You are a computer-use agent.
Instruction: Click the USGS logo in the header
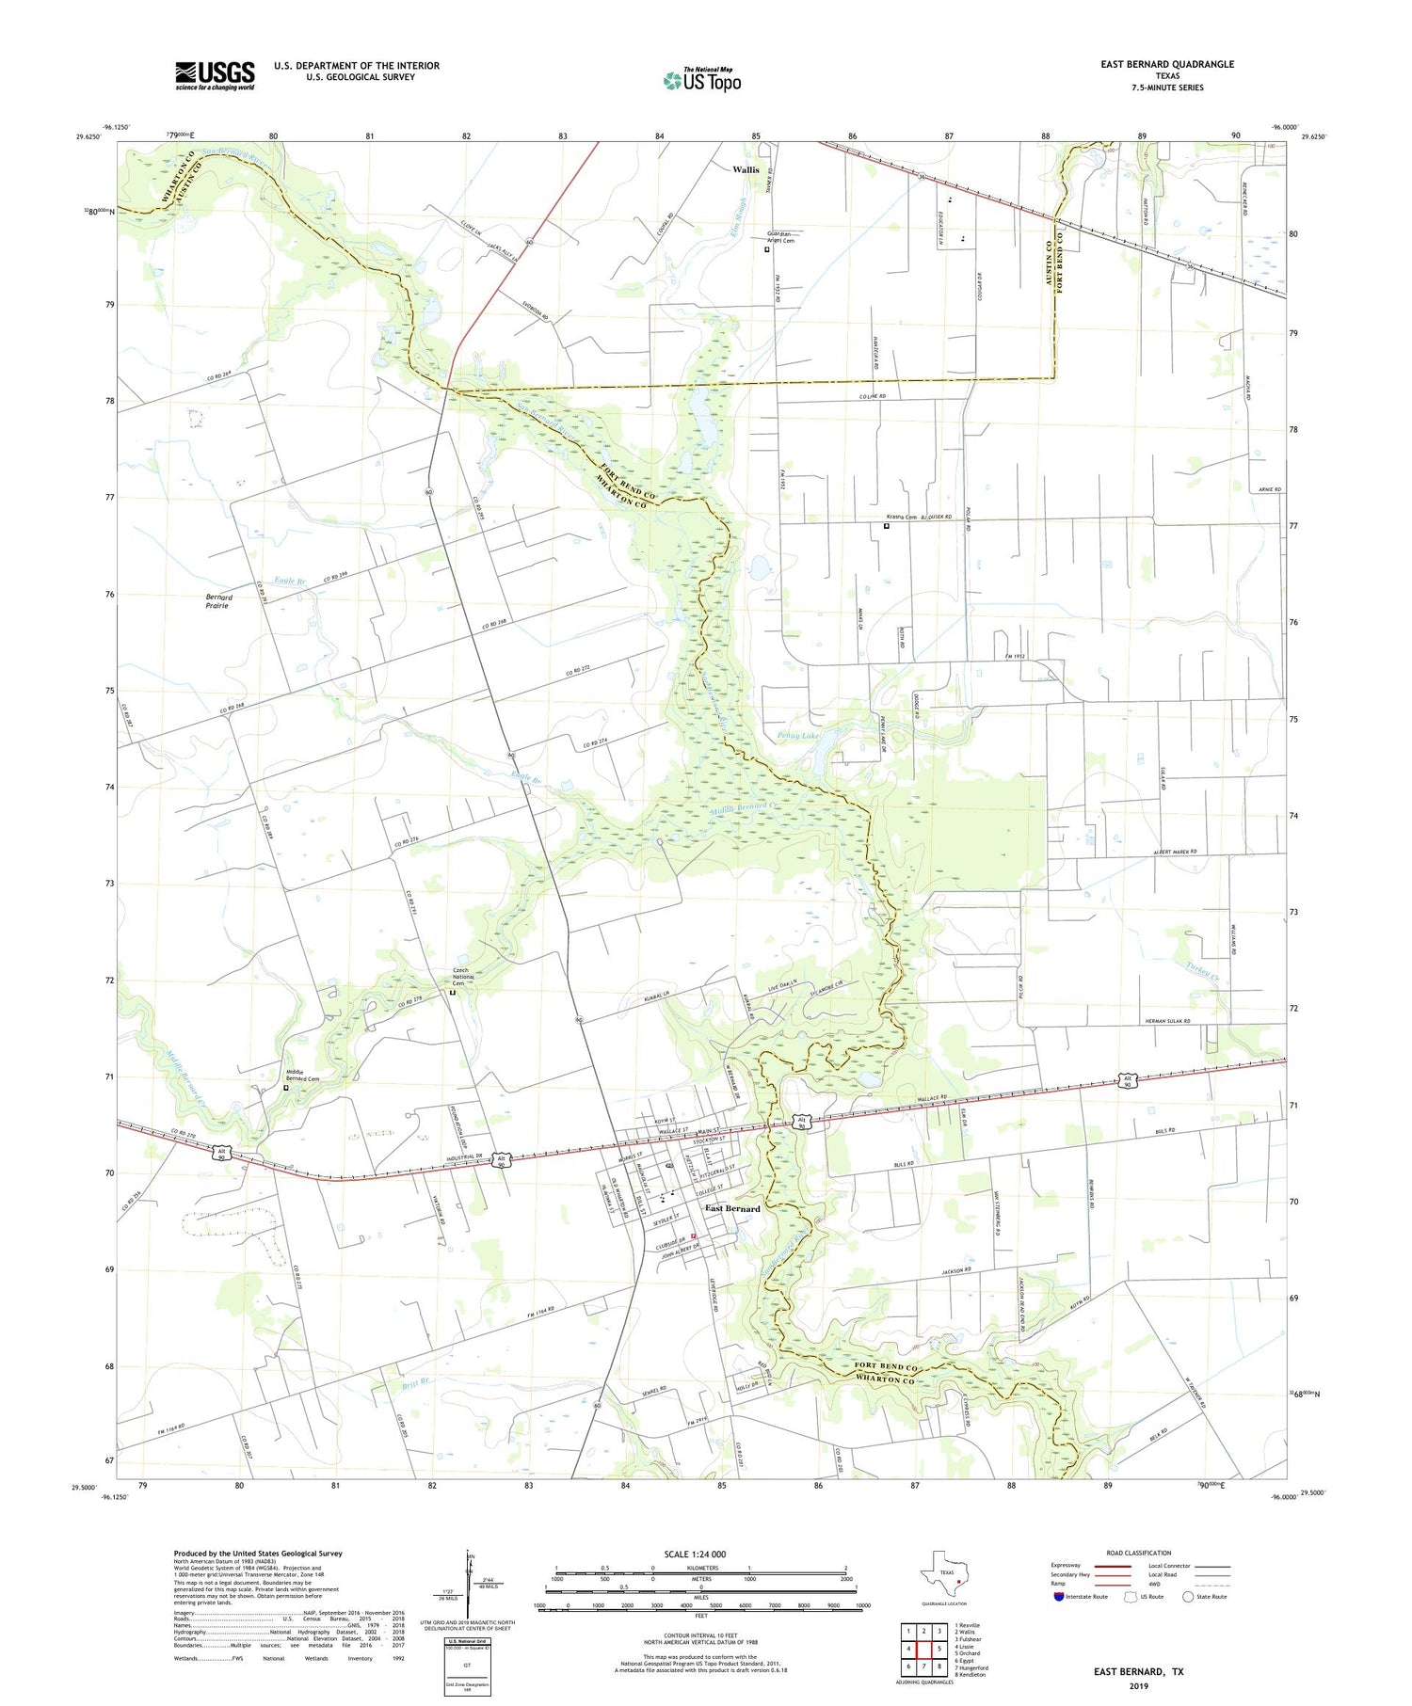point(215,75)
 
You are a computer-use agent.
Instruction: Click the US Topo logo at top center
point(701,81)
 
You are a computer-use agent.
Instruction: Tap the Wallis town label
point(746,170)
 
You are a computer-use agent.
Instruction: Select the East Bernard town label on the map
point(732,1208)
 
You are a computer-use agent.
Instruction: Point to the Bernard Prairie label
point(217,601)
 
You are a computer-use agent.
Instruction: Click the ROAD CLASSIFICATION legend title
point(1139,1553)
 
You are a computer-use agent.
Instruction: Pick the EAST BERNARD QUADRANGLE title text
point(1167,64)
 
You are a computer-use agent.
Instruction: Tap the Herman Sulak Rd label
point(1167,1020)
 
